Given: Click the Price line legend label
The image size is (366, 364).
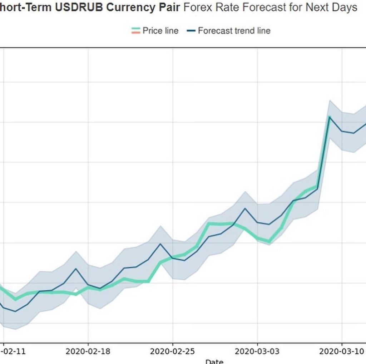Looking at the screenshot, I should coord(160,31).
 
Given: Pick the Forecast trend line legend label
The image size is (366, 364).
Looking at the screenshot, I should coord(234,31).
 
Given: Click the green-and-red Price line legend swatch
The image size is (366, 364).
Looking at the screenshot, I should coord(135,31).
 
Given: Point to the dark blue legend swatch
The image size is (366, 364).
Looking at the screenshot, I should coord(191,31).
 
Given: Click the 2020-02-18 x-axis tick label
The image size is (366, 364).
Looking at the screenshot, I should coord(88,351).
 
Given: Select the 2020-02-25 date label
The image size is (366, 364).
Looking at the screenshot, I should coord(173,351).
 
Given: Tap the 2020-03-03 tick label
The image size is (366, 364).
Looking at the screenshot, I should coord(257,351).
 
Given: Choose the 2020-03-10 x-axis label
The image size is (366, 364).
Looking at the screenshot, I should coord(342,351).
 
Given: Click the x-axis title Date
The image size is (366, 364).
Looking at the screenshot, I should coord(214,361).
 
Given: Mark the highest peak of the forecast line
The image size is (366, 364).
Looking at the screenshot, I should coord(329,117).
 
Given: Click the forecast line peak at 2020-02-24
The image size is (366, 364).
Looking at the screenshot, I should coord(160,244).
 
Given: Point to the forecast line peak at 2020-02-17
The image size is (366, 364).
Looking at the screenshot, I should coord(76,269).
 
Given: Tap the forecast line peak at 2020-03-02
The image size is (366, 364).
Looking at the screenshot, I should coord(245,208).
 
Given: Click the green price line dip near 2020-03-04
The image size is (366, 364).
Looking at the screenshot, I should coord(269,242).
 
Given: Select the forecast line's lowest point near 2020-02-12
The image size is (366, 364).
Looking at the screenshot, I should coord(15,311).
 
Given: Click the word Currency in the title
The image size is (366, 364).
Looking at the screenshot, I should coord(125,8).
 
